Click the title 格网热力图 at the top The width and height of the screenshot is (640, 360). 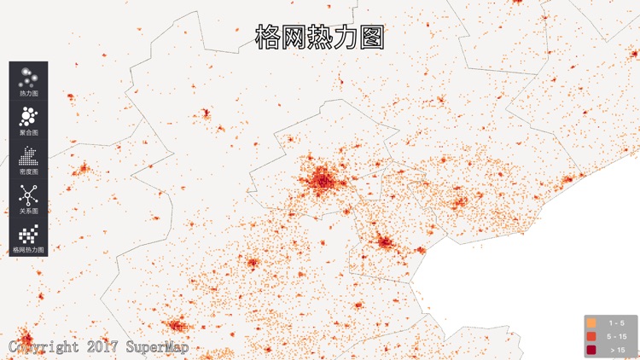[319, 37]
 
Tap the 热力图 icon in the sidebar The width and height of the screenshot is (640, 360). [28, 76]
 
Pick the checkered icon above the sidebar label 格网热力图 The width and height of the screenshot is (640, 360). [28, 234]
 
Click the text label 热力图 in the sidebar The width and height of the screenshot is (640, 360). [28, 93]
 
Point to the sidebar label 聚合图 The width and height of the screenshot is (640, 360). [28, 132]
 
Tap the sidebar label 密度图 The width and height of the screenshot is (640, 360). [28, 171]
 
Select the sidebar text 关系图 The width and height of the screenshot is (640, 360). [28, 211]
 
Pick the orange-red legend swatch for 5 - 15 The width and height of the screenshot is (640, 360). [591, 337]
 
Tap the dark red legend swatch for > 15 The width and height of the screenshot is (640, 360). [591, 350]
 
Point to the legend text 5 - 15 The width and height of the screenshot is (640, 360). [615, 337]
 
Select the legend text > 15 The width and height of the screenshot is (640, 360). [615, 350]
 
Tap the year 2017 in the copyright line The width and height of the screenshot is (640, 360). [102, 347]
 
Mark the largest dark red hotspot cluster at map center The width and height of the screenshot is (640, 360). [321, 181]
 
